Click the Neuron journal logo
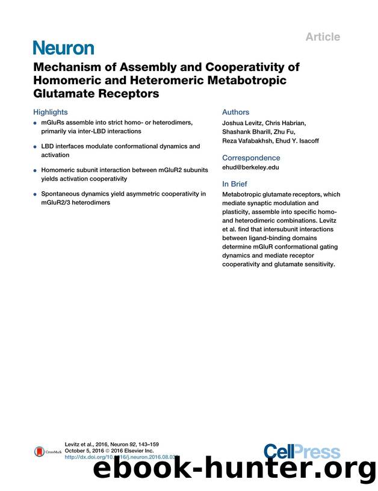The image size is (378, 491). [63, 48]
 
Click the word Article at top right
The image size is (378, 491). [322, 37]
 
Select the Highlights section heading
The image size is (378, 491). [51, 112]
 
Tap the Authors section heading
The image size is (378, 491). [235, 112]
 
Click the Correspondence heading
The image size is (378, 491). [251, 158]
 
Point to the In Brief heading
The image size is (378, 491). [238, 184]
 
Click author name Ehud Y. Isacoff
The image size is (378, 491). [298, 141]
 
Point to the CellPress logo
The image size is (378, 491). [301, 451]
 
